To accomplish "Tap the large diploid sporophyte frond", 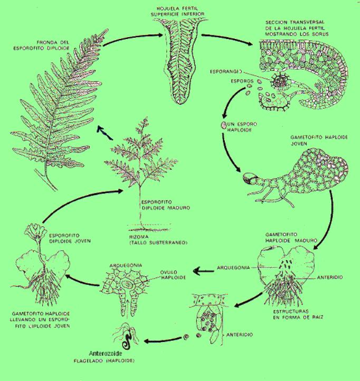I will coord(58,111).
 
